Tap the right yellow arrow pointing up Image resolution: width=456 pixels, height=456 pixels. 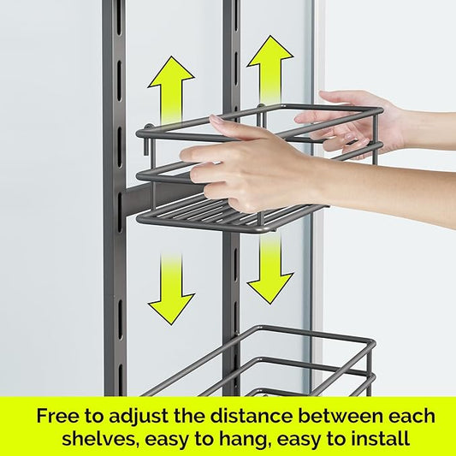click(x=269, y=68)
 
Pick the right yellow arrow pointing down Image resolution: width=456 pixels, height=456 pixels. click(x=270, y=269)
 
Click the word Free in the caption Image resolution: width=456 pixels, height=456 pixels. click(x=57, y=417)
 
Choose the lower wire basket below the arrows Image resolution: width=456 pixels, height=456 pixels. click(x=282, y=364)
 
